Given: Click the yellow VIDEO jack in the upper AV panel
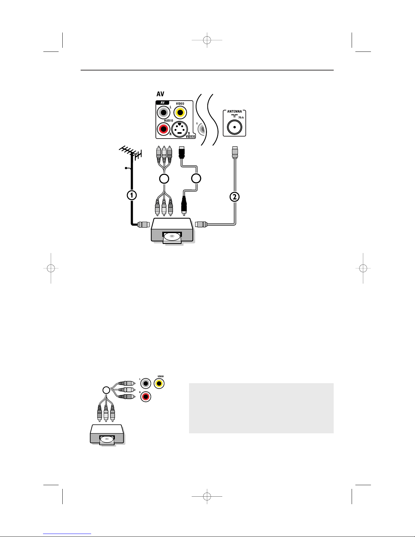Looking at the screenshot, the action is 180,112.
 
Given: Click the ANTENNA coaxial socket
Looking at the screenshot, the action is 234,127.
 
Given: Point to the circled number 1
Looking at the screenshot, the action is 132,195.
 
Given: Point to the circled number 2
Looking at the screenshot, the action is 234,197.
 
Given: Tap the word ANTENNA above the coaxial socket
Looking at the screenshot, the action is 234,111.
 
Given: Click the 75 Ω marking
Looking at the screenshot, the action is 241,117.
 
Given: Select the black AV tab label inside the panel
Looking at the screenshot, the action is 163,103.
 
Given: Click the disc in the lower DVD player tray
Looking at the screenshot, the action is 107,439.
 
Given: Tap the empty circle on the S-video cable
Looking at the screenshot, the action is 196,178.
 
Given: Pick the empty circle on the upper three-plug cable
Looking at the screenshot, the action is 164,179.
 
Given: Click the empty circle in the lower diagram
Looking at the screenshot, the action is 106,390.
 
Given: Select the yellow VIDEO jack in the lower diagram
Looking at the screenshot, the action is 159,383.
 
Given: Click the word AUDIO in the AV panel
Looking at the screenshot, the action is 169,121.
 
